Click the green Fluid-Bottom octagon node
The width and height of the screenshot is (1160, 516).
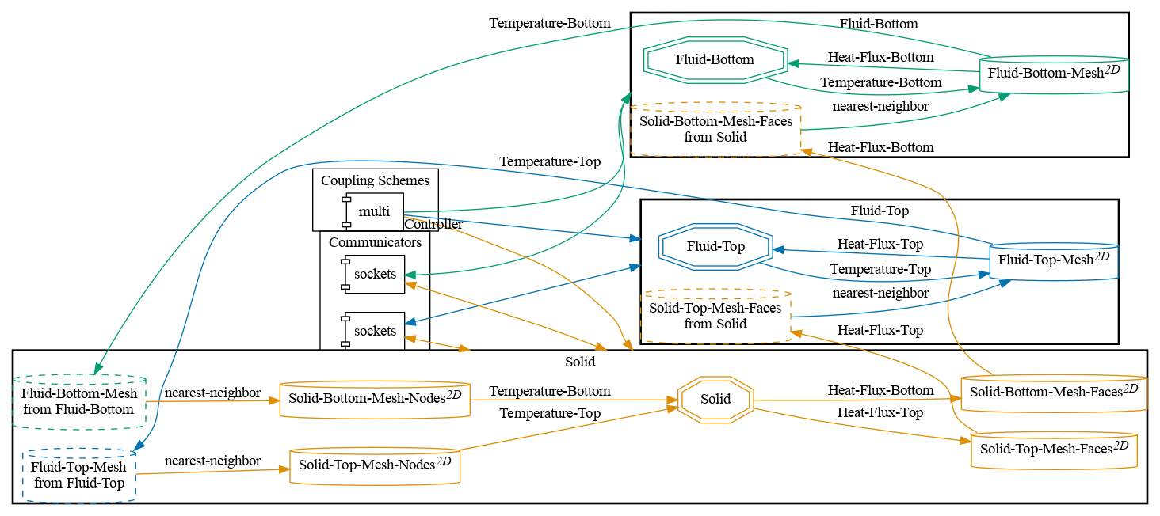tap(715, 59)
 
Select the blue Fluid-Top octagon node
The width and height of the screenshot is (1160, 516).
tap(715, 246)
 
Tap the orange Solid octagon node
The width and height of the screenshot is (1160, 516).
tap(715, 399)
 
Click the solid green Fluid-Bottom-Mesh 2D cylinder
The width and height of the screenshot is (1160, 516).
tap(1053, 74)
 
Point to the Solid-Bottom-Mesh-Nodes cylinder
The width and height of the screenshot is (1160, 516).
tap(376, 399)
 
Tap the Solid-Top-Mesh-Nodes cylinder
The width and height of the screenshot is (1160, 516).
tap(375, 466)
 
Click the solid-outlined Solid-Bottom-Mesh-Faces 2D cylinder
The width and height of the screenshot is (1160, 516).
tap(1053, 393)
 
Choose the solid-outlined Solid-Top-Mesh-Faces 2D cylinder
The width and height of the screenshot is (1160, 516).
tap(1054, 450)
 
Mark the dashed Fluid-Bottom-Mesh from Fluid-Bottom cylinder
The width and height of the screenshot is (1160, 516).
tap(79, 401)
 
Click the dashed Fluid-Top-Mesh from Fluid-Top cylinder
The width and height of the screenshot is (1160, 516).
tap(79, 475)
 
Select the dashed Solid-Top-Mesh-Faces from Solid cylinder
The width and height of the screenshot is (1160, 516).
tap(715, 316)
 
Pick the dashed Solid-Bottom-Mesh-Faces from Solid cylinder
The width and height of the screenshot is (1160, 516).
tap(715, 129)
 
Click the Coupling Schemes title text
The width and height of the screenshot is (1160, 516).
tap(375, 180)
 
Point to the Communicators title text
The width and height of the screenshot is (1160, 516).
tap(375, 242)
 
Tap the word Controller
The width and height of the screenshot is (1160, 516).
tap(433, 225)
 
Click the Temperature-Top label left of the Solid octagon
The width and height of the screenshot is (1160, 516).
tap(549, 413)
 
